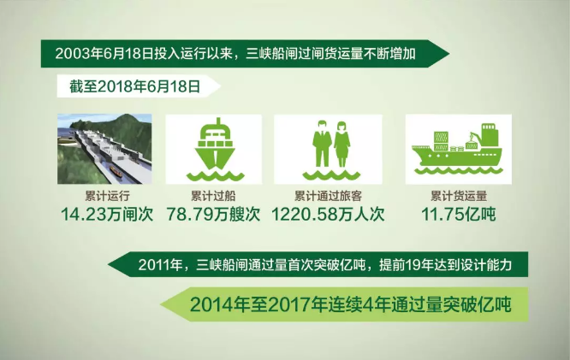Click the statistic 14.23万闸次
tap(106, 214)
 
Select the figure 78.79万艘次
tap(213, 214)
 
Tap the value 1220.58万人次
tap(328, 214)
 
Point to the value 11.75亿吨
tap(459, 214)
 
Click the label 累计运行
tap(107, 196)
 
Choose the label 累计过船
tap(213, 196)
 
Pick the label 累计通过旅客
tap(328, 196)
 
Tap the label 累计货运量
tap(459, 196)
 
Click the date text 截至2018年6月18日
tap(135, 86)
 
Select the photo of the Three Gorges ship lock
tap(104, 149)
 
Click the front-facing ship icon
tap(215, 149)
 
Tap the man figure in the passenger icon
tap(321, 144)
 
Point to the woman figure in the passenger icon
tap(341, 145)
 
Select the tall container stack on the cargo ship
tap(441, 141)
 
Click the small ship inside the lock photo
tap(116, 171)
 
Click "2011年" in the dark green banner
tap(160, 264)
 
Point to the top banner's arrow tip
tap(449, 54)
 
